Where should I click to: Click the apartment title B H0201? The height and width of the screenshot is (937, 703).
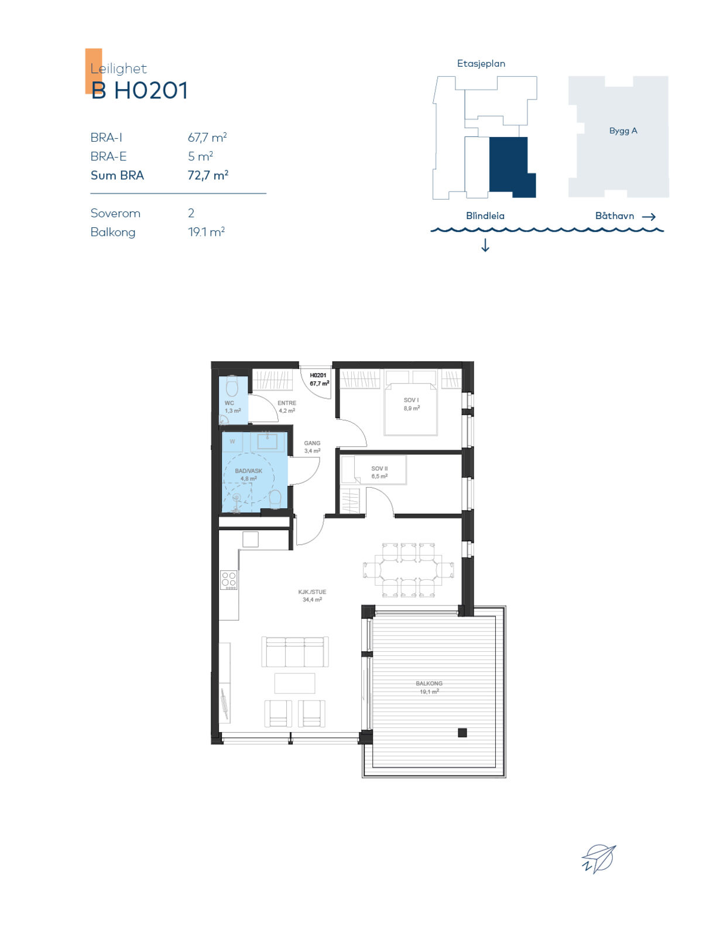tap(139, 91)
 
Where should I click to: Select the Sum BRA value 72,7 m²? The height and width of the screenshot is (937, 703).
tap(208, 175)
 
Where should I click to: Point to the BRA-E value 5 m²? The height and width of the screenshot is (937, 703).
tap(200, 156)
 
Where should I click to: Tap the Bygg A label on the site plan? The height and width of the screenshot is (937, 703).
tap(623, 131)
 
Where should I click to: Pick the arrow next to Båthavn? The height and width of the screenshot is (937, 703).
tap(649, 217)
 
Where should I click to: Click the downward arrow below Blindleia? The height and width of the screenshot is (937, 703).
tap(485, 245)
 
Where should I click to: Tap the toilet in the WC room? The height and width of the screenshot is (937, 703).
tap(232, 387)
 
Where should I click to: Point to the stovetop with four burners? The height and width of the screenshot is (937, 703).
tap(229, 580)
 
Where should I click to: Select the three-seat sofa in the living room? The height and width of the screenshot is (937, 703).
tap(295, 651)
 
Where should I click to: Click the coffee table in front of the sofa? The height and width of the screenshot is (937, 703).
tap(295, 683)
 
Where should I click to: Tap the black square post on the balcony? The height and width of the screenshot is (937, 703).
tap(462, 733)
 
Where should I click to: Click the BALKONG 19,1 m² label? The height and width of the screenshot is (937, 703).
tap(429, 688)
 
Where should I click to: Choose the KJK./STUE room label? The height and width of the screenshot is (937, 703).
tap(312, 591)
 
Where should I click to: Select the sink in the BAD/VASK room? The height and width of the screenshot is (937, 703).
tap(268, 442)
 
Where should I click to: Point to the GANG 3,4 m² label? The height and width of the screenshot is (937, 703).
tap(312, 447)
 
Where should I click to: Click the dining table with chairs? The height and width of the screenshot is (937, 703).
tap(408, 569)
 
